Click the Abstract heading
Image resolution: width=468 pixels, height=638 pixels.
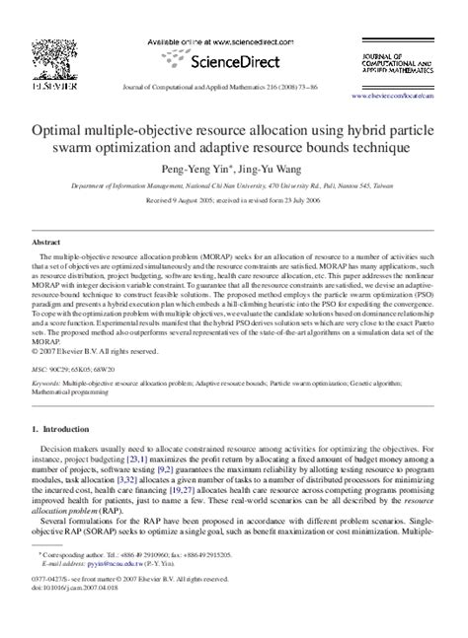point(47,241)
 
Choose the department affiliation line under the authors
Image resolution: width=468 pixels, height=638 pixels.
point(233,184)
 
